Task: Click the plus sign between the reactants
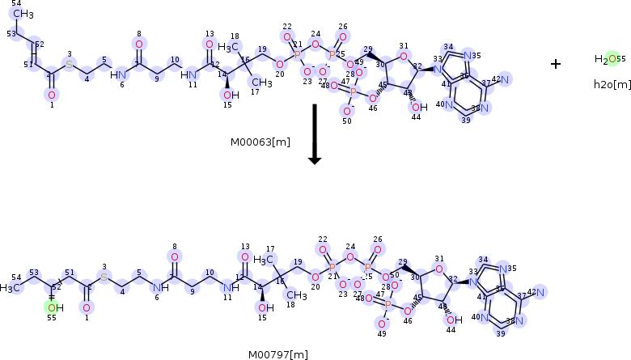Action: (x=556, y=64)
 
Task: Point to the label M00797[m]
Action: (x=279, y=354)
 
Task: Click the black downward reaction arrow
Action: (x=315, y=133)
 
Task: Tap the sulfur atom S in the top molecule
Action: (x=70, y=63)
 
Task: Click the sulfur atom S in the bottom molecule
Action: (x=104, y=277)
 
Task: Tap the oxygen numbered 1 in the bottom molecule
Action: (x=87, y=307)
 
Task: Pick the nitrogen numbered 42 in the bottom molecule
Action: (x=539, y=292)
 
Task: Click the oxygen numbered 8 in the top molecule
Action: (x=139, y=44)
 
